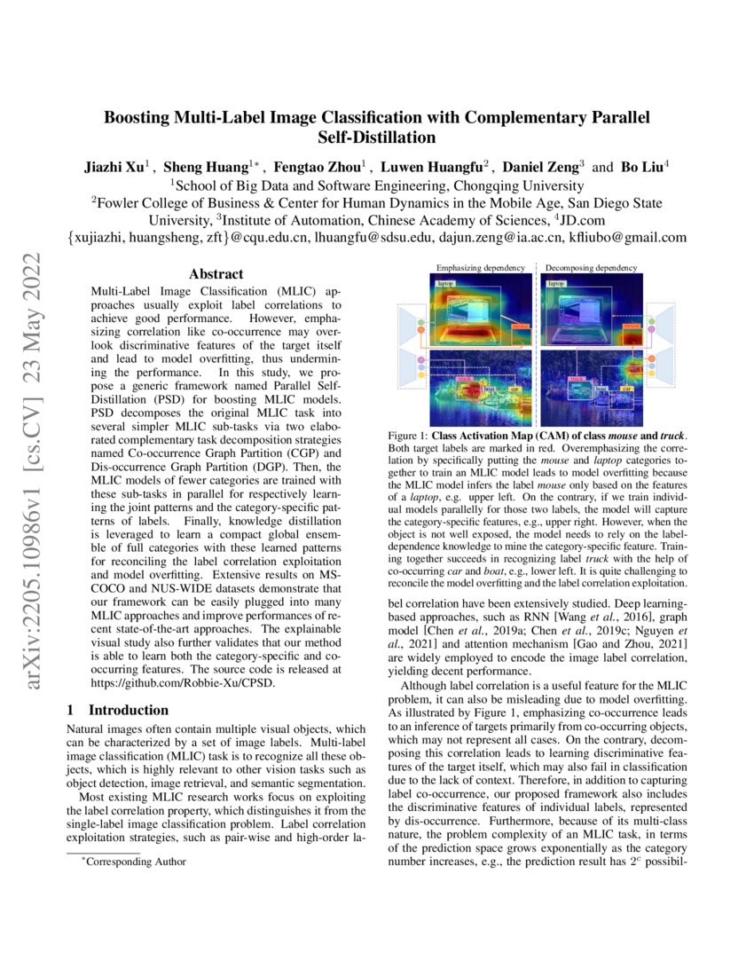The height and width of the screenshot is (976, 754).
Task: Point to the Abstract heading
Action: pyautogui.click(x=216, y=275)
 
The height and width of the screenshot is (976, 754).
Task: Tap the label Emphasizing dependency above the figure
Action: pyautogui.click(x=479, y=267)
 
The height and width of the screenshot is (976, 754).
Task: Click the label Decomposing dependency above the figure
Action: pyautogui.click(x=591, y=267)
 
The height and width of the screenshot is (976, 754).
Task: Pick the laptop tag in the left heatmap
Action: pyautogui.click(x=445, y=284)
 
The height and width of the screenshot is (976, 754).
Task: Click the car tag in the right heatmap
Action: pyautogui.click(x=628, y=389)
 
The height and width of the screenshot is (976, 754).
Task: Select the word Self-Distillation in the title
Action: pyautogui.click(x=377, y=138)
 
